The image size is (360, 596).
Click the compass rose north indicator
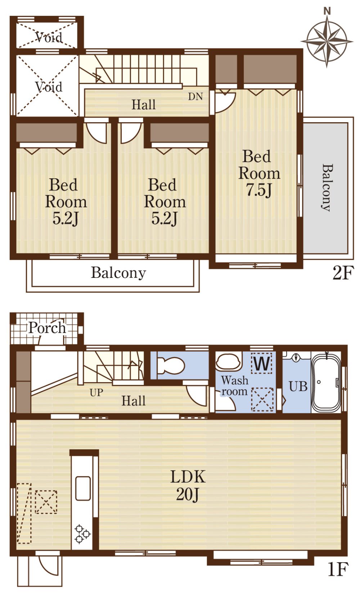(327, 11)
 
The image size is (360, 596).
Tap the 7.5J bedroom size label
(259, 190)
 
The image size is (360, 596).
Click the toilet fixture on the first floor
(171, 365)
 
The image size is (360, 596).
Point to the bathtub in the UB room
(326, 382)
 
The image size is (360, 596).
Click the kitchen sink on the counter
(83, 488)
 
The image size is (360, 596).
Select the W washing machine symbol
(262, 363)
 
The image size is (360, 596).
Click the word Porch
(47, 327)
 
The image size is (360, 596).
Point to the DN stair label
(195, 97)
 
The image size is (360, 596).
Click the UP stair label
(96, 393)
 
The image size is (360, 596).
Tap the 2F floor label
(343, 273)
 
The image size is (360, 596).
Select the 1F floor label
(338, 569)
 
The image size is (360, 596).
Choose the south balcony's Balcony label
(118, 273)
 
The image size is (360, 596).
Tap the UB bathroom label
(298, 386)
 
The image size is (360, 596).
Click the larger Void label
(49, 87)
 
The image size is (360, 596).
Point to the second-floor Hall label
(144, 105)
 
